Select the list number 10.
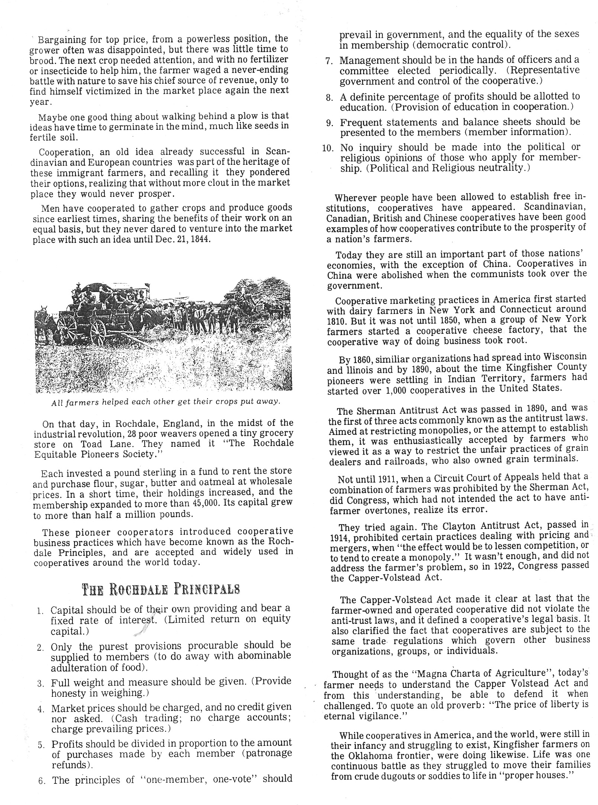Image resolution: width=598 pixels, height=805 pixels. (x=328, y=148)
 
